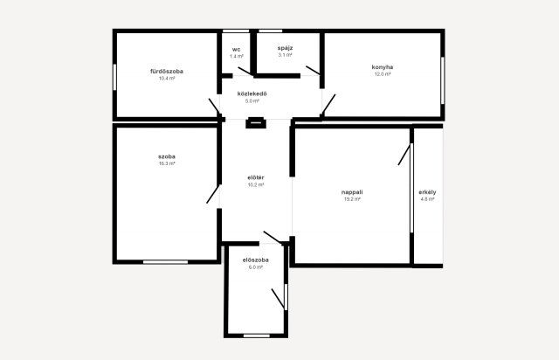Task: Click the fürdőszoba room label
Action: click(x=167, y=71)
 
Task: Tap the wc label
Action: click(x=236, y=49)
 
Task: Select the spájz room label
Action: click(x=286, y=48)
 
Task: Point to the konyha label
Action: click(x=383, y=67)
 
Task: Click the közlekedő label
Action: click(x=252, y=93)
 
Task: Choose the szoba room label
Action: click(x=167, y=156)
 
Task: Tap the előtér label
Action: click(x=256, y=177)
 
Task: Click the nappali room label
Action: click(x=352, y=192)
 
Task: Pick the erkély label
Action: click(x=427, y=192)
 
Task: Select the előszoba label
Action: click(x=256, y=260)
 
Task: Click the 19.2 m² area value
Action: click(x=352, y=199)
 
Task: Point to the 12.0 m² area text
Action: click(x=383, y=74)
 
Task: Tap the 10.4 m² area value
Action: click(x=167, y=78)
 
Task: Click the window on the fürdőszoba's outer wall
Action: click(x=114, y=77)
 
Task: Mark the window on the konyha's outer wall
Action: click(x=443, y=80)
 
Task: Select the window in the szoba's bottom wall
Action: click(x=165, y=262)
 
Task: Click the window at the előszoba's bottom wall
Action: click(x=257, y=336)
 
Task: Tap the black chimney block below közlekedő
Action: click(x=256, y=122)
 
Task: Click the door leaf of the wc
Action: click(x=245, y=71)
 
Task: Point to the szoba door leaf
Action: click(x=213, y=195)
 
